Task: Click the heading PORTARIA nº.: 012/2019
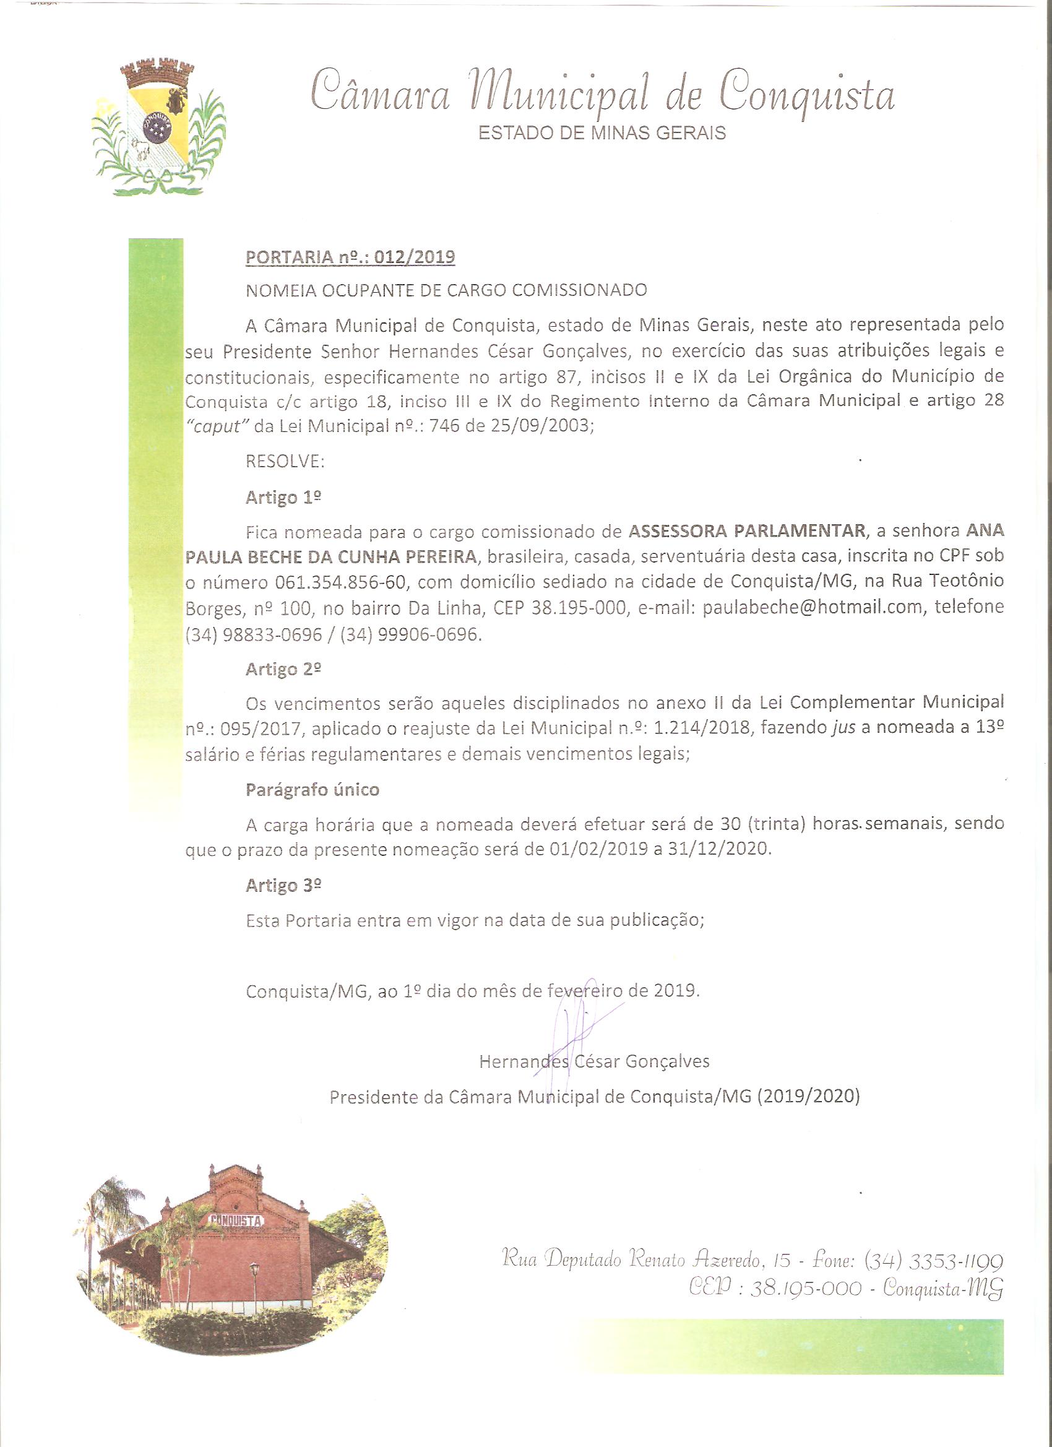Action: pos(350,257)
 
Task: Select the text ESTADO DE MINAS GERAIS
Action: pos(601,134)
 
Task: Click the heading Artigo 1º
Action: pos(283,497)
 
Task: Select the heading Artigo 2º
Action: pos(283,669)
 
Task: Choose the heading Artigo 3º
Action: pos(283,886)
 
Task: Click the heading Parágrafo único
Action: pos(313,790)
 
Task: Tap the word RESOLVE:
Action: pos(285,461)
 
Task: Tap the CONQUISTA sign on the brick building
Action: pos(236,1219)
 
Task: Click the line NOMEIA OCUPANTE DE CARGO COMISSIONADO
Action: pos(446,290)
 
